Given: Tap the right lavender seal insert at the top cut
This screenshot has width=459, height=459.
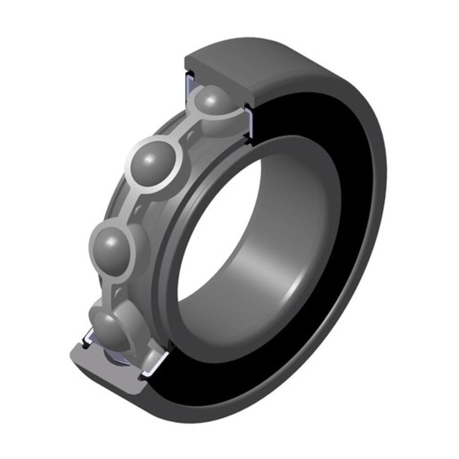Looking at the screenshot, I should pyautogui.click(x=251, y=118).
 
